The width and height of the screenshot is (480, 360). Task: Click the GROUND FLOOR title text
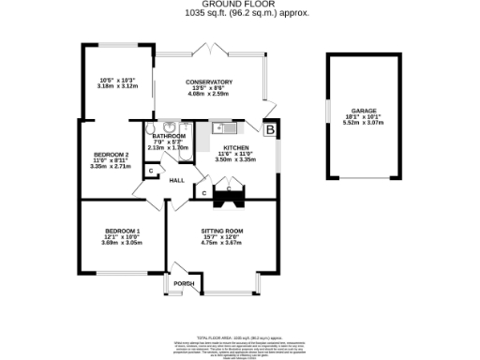click(x=239, y=5)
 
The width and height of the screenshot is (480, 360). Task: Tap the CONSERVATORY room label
click(x=208, y=82)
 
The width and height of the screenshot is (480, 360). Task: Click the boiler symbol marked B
click(x=270, y=129)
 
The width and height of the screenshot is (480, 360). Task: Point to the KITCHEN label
click(x=235, y=148)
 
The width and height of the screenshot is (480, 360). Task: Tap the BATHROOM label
click(x=169, y=136)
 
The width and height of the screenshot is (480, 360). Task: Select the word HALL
click(x=175, y=181)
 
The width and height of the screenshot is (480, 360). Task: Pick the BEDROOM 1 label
click(x=122, y=231)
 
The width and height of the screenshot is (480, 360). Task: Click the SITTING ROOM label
click(x=221, y=231)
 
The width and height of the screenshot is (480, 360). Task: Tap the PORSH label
click(x=184, y=283)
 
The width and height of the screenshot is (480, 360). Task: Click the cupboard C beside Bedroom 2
click(x=149, y=171)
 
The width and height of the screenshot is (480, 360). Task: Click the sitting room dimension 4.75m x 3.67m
click(x=221, y=243)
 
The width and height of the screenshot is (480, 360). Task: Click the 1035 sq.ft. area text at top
click(x=239, y=13)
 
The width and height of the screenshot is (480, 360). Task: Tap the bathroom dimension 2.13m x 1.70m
click(x=169, y=147)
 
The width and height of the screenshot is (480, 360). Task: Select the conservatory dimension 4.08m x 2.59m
click(x=208, y=94)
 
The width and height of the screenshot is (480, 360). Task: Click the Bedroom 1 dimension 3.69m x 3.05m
click(x=122, y=243)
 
